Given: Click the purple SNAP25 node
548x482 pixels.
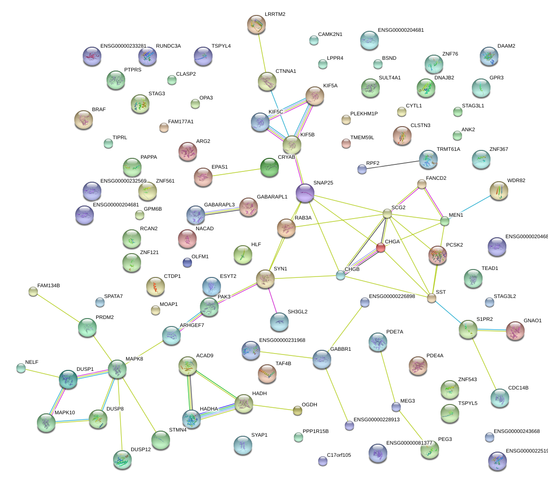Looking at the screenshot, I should point(305,193).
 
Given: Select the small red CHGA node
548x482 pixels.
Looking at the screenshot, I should point(381,248).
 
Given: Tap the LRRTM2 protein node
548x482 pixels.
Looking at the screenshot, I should point(256,25).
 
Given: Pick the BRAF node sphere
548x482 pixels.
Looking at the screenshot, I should point(84,120).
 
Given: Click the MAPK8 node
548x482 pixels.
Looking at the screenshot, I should point(117,369).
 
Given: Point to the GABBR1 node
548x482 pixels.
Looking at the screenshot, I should point(321,359).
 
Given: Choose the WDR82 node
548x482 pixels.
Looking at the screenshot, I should point(498,191).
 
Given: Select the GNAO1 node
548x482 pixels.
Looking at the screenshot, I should point(515,330).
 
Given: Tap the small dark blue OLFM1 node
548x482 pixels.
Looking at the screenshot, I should point(187,262).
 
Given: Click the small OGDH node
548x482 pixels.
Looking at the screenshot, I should point(297,411).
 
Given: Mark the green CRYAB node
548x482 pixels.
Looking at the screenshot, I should point(269,168).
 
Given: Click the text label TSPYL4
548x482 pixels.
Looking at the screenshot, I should point(221,46).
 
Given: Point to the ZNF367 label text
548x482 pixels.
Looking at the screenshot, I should point(498,149).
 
